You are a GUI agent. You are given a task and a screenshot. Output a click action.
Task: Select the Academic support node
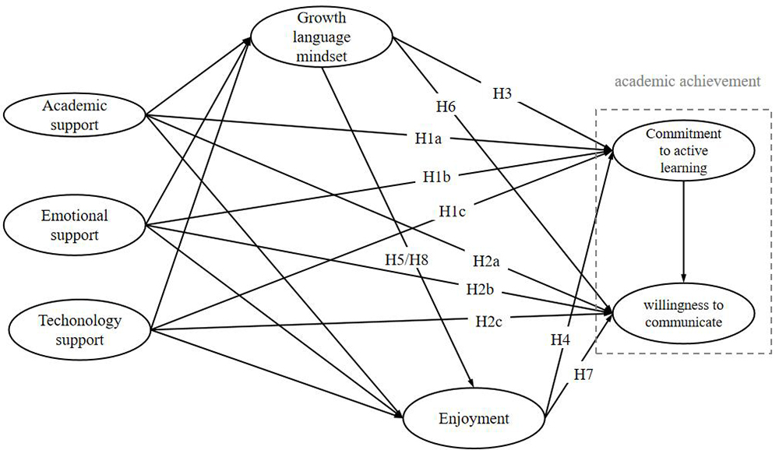click(x=76, y=114)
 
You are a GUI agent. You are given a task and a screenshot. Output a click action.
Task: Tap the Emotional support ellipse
click(x=76, y=225)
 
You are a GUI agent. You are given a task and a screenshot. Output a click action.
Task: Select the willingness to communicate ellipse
click(x=683, y=311)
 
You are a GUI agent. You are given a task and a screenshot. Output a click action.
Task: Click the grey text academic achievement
click(x=686, y=82)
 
